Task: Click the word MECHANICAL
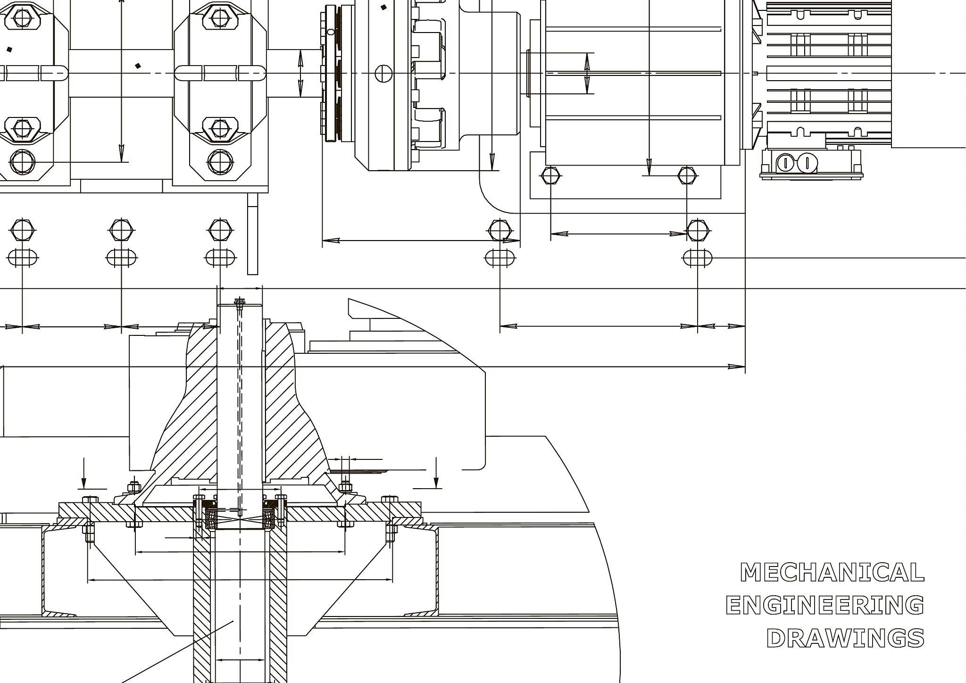[x=832, y=572]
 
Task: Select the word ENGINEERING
[x=825, y=605]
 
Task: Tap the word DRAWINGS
[x=845, y=638]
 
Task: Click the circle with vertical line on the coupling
[x=383, y=73]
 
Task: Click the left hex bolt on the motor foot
[x=550, y=175]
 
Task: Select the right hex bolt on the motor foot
[x=687, y=175]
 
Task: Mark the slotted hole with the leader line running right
[x=698, y=258]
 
